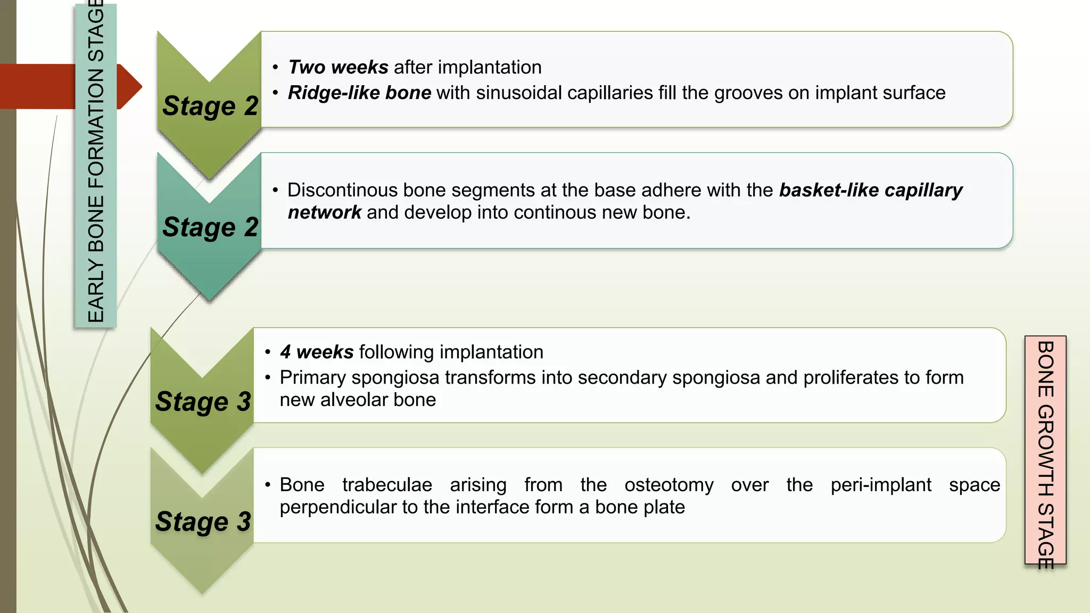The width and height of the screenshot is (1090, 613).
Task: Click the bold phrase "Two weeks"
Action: [338, 68]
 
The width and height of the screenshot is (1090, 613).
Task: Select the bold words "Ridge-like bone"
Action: [359, 93]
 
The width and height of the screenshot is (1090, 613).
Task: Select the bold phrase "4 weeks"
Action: [317, 352]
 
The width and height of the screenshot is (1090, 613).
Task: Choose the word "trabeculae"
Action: [387, 485]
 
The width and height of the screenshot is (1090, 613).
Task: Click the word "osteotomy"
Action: [669, 485]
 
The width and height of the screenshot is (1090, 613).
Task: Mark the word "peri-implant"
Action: [881, 485]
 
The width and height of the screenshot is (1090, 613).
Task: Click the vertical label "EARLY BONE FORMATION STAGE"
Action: [96, 165]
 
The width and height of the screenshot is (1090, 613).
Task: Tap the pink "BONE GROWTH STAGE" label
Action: [1045, 450]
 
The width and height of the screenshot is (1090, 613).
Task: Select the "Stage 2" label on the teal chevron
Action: [210, 227]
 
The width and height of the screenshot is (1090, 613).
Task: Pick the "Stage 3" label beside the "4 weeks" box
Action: [203, 401]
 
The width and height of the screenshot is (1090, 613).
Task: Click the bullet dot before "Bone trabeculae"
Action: [268, 485]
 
